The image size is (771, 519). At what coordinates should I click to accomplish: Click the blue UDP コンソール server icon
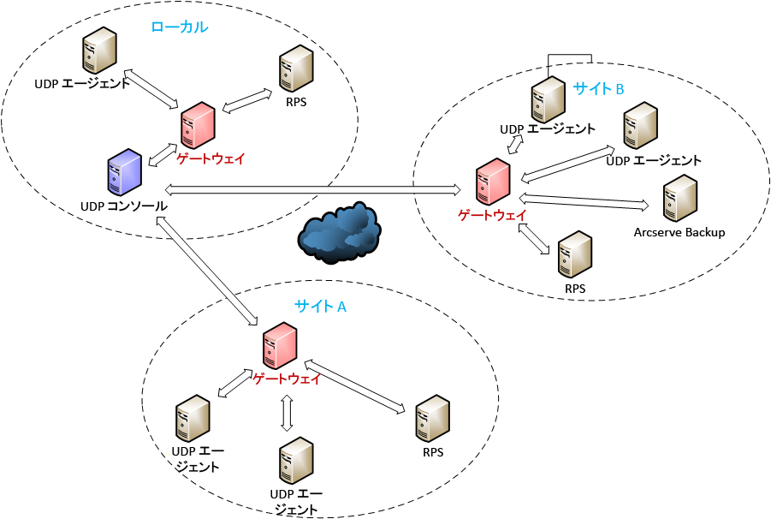click(124, 172)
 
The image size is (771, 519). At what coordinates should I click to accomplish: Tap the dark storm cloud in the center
click(340, 232)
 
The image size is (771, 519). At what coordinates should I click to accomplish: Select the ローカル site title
click(180, 27)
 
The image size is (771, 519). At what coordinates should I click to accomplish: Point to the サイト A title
click(320, 307)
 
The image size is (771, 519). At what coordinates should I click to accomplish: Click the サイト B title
click(598, 88)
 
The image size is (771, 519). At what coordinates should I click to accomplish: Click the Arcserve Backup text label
click(679, 232)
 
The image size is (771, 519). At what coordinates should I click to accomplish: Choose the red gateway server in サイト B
click(493, 182)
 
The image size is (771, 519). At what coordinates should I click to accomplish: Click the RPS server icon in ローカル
click(296, 69)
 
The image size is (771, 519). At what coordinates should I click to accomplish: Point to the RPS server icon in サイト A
click(433, 419)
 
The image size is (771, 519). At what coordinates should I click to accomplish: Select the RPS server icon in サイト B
click(575, 254)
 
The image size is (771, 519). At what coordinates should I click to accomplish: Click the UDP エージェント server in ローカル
click(99, 51)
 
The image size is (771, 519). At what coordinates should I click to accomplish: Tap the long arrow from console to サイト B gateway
click(312, 189)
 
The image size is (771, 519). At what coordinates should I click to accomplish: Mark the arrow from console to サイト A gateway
click(206, 271)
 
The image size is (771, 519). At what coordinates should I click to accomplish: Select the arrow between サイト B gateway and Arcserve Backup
click(584, 201)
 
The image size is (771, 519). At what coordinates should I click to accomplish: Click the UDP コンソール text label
click(124, 206)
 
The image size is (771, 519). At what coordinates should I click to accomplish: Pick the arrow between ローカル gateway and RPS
click(246, 100)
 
